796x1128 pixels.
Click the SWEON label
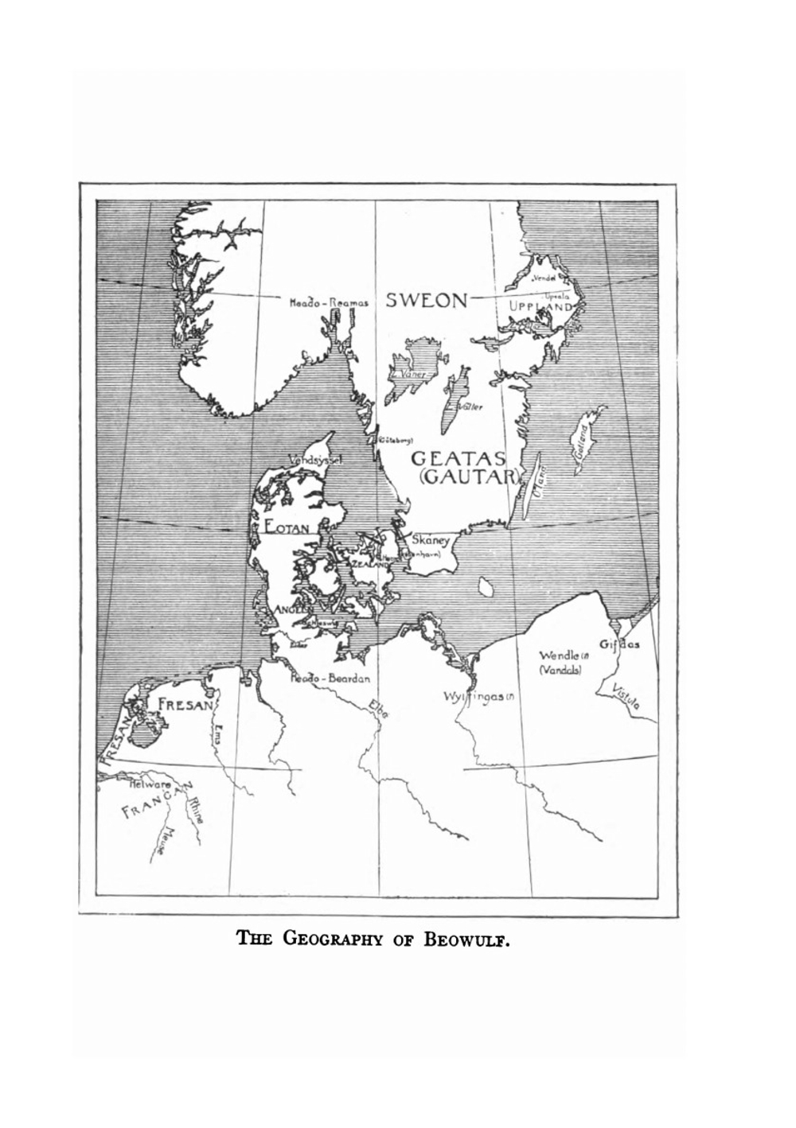pos(427,301)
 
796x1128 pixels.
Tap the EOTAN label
pos(287,526)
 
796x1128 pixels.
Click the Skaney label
pos(431,539)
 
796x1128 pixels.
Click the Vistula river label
pos(629,698)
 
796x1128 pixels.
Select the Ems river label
pos(220,734)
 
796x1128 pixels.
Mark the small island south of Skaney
pos(483,587)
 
